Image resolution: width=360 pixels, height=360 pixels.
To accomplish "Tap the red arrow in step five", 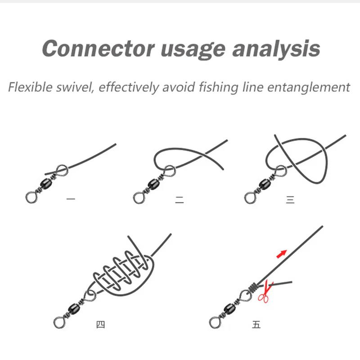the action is [x=281, y=254].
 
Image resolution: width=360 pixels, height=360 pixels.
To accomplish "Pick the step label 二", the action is [x=180, y=200].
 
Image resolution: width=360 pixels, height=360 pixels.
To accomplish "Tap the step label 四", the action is [x=100, y=324].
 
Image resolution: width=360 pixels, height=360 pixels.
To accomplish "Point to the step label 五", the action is [x=256, y=324].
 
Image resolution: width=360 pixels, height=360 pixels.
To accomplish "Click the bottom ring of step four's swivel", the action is [x=59, y=321].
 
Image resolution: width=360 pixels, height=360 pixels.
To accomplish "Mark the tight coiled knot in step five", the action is [x=254, y=286].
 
